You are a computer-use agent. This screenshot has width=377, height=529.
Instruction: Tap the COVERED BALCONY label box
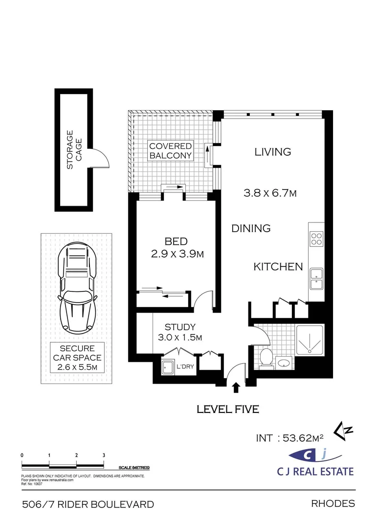(x=171, y=151)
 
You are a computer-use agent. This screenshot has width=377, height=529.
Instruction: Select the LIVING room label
(x=272, y=152)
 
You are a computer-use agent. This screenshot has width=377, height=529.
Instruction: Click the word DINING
(x=251, y=228)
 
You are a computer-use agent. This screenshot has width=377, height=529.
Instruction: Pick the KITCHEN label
(x=278, y=267)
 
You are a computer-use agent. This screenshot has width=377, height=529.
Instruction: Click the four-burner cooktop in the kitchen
(x=316, y=238)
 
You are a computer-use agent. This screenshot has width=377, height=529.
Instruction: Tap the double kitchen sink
(x=316, y=277)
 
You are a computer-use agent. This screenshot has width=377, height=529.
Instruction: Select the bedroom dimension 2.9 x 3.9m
(x=177, y=254)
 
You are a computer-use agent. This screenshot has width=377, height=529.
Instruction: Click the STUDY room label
(x=180, y=327)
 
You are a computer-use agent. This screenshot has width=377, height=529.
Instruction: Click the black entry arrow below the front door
(x=236, y=388)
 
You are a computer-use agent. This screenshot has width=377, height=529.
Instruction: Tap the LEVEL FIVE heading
(x=227, y=409)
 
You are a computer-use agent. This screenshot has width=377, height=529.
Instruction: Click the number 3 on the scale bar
(x=104, y=455)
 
